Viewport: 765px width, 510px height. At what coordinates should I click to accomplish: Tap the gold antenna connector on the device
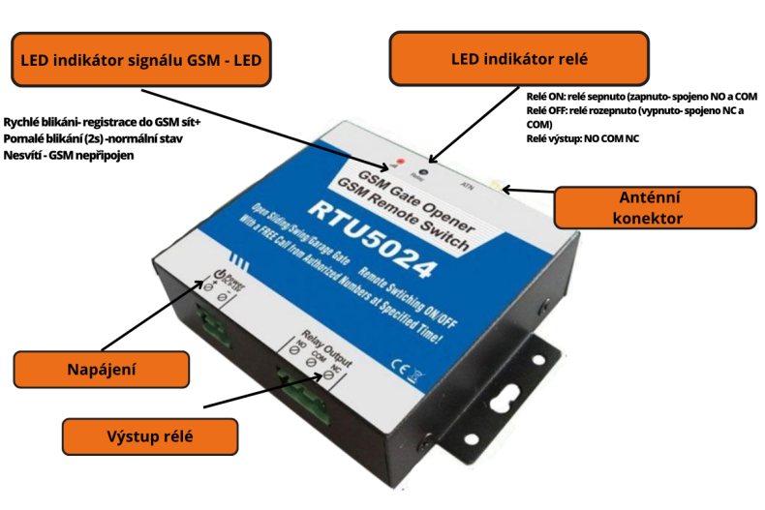click(x=496, y=184)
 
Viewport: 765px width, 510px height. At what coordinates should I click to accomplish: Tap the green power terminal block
click(x=214, y=318)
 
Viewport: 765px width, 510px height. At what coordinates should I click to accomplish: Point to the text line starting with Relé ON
click(x=640, y=98)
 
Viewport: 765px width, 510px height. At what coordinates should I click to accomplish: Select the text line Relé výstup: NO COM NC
click(x=582, y=138)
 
